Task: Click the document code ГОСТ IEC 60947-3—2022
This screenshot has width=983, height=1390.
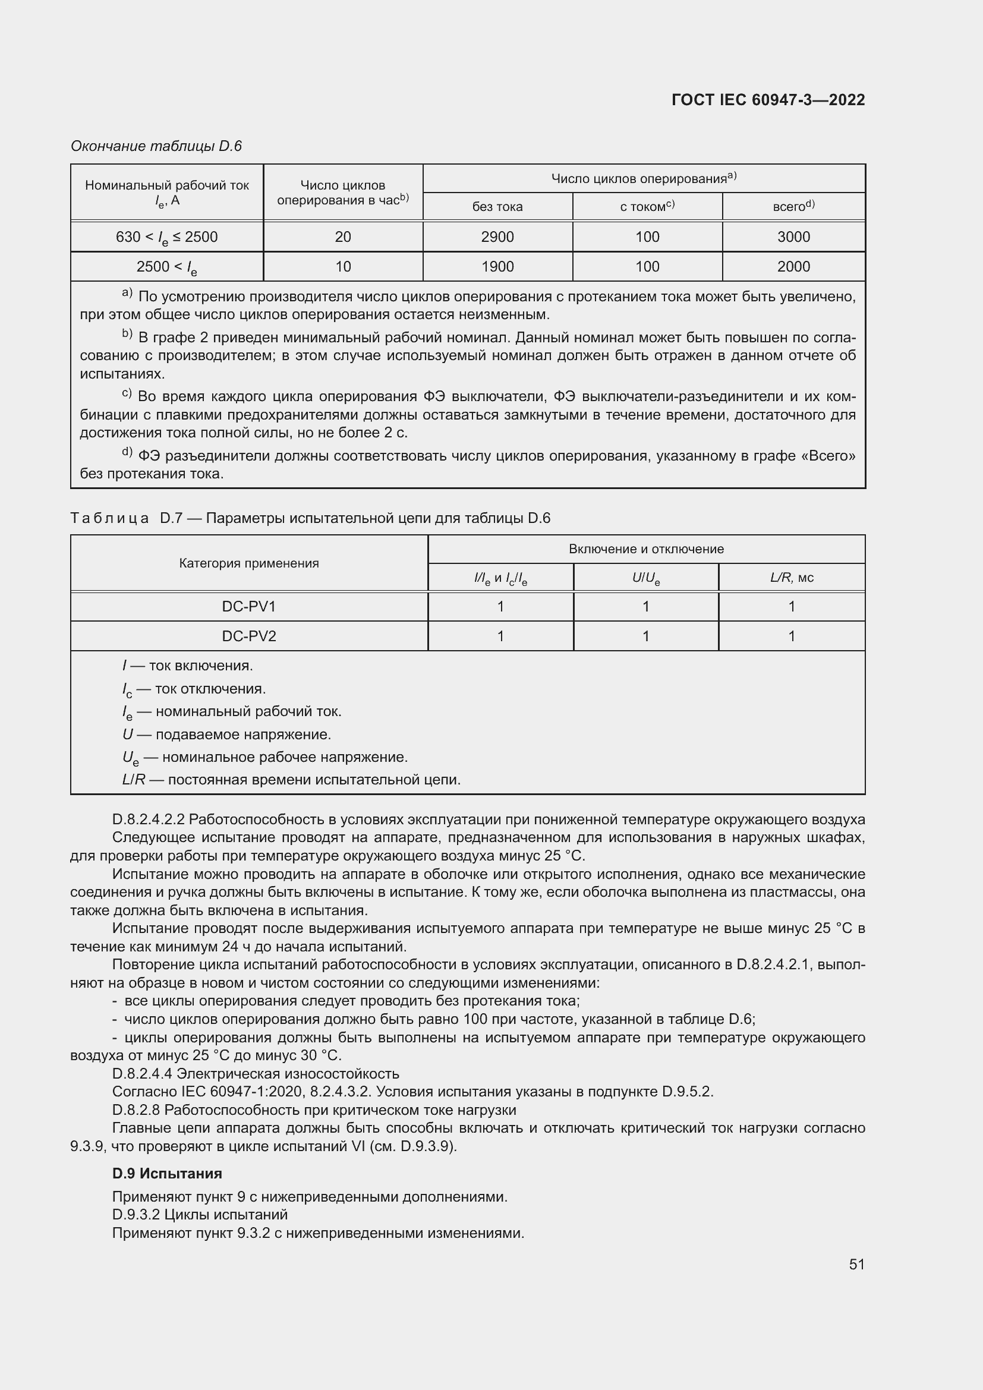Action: pyautogui.click(x=767, y=100)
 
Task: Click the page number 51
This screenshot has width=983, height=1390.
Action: pyautogui.click(x=856, y=1264)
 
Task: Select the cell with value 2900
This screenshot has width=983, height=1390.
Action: pyautogui.click(x=497, y=237)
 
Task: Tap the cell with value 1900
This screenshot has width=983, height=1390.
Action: pyautogui.click(x=497, y=266)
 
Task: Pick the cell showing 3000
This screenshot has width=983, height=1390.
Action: pyautogui.click(x=793, y=237)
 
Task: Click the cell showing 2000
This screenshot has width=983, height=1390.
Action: pyautogui.click(x=793, y=266)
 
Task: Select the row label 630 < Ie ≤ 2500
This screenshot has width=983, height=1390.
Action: pyautogui.click(x=166, y=237)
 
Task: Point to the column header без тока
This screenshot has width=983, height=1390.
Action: pyautogui.click(x=497, y=207)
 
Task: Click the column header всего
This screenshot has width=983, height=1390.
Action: pyautogui.click(x=793, y=206)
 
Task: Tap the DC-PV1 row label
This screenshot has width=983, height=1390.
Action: pyautogui.click(x=249, y=607)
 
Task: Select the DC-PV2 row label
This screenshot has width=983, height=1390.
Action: pyautogui.click(x=249, y=636)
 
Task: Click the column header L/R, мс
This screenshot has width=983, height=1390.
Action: pyautogui.click(x=791, y=578)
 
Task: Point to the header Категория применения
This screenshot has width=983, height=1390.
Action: pyautogui.click(x=249, y=563)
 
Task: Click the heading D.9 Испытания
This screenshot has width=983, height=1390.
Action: pyautogui.click(x=167, y=1173)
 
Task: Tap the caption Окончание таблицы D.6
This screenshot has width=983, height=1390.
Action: pyautogui.click(x=156, y=146)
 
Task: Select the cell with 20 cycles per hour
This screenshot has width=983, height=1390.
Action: pyautogui.click(x=342, y=237)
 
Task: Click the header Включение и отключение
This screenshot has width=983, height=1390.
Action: pyautogui.click(x=646, y=549)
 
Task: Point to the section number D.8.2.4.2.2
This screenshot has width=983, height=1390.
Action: pyautogui.click(x=149, y=819)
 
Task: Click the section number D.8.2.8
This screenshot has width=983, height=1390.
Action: pyautogui.click(x=136, y=1110)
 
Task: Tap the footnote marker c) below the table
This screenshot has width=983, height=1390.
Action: pyautogui.click(x=127, y=394)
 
